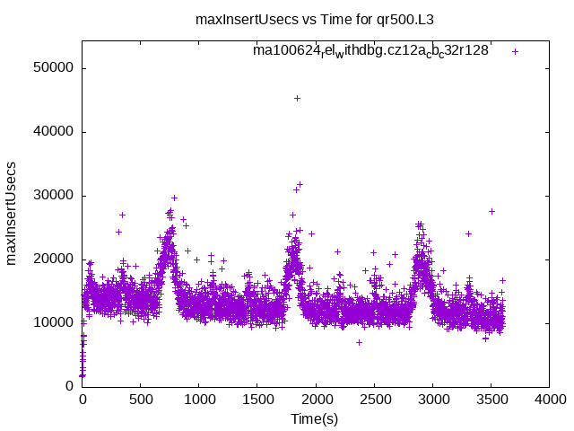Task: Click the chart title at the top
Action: tap(321, 18)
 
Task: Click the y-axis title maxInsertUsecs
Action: tap(12, 213)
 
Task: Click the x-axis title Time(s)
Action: tap(315, 418)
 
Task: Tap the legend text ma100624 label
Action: tap(370, 51)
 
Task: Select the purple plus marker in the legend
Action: tap(515, 51)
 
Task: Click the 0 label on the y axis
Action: tap(70, 386)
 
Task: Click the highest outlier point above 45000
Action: tap(297, 98)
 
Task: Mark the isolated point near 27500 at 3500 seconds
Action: tap(491, 211)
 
